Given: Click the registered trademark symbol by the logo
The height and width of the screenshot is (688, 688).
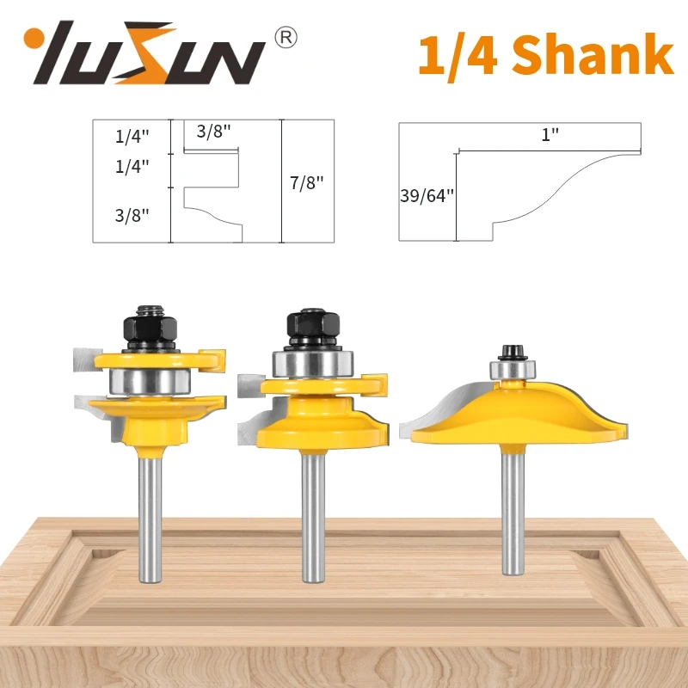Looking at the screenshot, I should (288, 37).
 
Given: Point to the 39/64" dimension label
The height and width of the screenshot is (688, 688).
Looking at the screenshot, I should (426, 195).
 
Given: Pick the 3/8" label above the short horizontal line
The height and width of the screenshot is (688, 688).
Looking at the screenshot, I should (212, 132).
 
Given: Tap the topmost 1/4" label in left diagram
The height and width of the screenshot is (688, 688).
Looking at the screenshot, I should (131, 134).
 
